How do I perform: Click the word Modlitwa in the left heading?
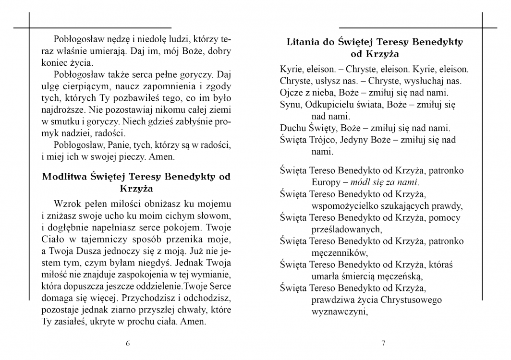tap(64, 176)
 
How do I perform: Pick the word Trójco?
tap(324, 140)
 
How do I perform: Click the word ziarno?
tap(116, 310)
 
